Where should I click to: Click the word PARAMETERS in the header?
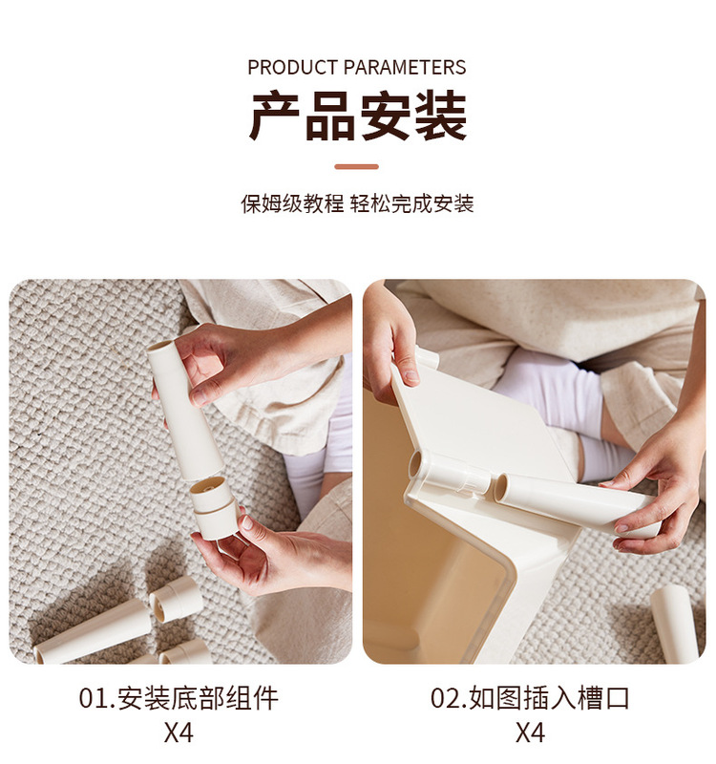pos(405,68)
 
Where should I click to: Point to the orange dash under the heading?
pos(357,167)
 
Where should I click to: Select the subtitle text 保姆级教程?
pos(291,203)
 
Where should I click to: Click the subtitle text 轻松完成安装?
pos(412,203)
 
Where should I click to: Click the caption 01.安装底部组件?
pos(179,698)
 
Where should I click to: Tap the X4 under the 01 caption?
pos(179,733)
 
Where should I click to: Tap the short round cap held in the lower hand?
pos(215,506)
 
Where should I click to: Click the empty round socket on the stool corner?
pos(416,466)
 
